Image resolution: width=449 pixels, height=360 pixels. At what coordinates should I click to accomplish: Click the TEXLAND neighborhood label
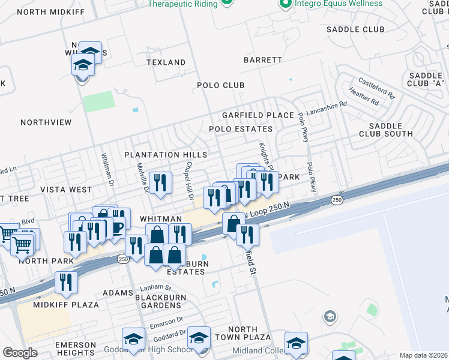(167, 62)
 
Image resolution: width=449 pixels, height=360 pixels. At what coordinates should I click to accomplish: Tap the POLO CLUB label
(221, 85)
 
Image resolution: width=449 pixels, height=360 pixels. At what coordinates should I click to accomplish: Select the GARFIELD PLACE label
(258, 115)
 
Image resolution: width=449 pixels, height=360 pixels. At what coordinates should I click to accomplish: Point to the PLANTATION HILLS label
(166, 155)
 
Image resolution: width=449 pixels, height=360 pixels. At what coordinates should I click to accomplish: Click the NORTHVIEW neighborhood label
(46, 122)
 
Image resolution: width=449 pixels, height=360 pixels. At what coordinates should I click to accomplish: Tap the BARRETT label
(263, 60)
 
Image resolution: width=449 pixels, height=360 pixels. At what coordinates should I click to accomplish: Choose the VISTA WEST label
(66, 190)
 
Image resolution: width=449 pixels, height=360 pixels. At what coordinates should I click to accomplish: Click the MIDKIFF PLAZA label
(66, 305)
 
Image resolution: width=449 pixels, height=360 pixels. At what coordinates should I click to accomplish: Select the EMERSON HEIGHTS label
(76, 350)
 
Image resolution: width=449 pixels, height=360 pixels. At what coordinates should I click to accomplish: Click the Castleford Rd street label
(377, 88)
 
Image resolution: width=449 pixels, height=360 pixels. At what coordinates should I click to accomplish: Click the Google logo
(20, 353)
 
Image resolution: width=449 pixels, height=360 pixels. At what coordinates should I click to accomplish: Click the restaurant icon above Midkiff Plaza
(66, 283)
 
